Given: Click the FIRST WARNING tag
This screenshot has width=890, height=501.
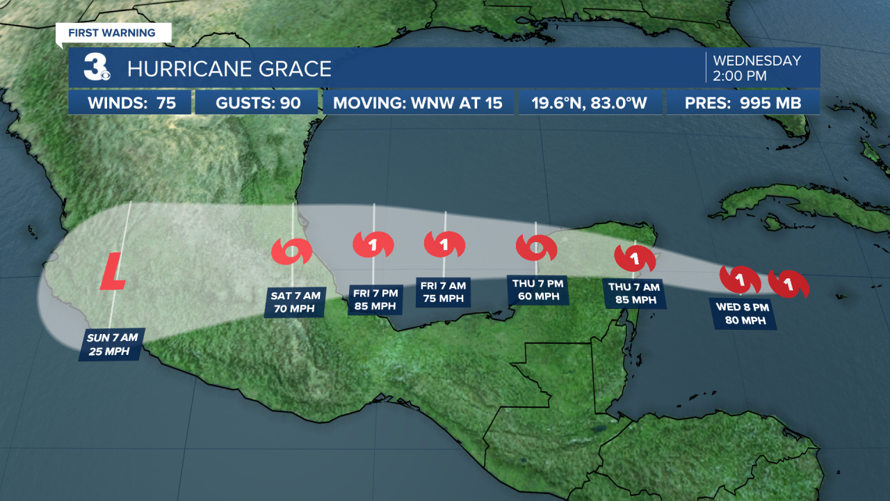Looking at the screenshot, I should [x=113, y=33].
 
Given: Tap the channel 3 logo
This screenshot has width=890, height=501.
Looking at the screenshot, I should [x=96, y=67].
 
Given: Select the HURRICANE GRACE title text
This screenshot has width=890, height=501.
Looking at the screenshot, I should [x=229, y=69].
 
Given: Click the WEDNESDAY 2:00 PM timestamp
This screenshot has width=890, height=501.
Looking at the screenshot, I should [x=756, y=67].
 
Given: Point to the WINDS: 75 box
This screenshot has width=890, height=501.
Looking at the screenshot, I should [x=130, y=104].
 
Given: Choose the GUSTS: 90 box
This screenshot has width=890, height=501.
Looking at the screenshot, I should [x=257, y=104].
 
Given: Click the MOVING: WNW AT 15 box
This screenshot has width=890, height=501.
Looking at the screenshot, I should [x=417, y=104].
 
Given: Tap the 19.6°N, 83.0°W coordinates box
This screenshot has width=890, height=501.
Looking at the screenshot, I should [x=590, y=104].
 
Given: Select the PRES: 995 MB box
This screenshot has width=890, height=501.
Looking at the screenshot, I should [x=743, y=104].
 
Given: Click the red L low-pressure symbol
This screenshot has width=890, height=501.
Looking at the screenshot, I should [x=113, y=271].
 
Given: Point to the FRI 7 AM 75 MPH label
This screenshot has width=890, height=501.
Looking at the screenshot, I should [x=444, y=292].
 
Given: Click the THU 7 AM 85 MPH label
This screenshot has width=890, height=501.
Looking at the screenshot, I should [x=634, y=293].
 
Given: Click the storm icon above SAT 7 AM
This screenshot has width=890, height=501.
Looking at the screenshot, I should [x=291, y=251].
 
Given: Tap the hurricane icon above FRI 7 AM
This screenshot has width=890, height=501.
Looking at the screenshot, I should [x=444, y=244].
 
